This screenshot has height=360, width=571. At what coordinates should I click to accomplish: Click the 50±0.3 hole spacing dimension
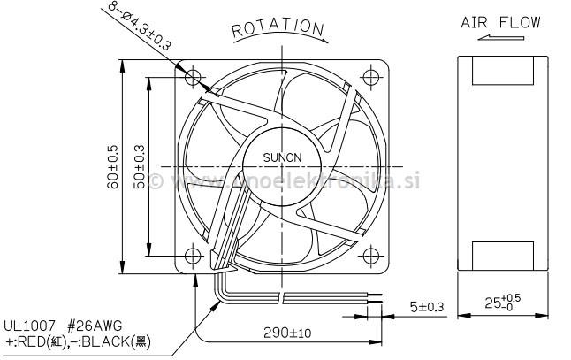pos(140,165)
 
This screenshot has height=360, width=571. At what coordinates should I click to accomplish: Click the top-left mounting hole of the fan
pos(194,76)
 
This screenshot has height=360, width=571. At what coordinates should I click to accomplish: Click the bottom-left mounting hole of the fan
pos(194,255)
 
